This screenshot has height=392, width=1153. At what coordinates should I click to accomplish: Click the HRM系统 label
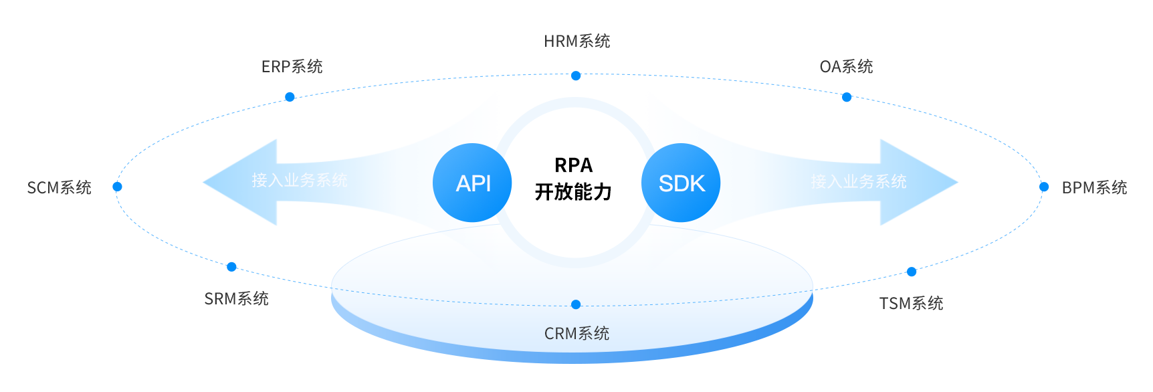pyautogui.click(x=576, y=41)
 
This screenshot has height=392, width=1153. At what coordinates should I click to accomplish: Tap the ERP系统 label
pyautogui.click(x=292, y=66)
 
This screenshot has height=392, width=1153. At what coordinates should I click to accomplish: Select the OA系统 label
pyautogui.click(x=846, y=66)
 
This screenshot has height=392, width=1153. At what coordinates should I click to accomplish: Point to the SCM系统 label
pyautogui.click(x=59, y=187)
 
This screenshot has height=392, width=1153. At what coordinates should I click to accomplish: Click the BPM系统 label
pyautogui.click(x=1094, y=187)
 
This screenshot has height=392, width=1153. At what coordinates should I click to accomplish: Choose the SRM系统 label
pyautogui.click(x=236, y=298)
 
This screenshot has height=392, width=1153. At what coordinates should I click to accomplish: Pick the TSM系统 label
pyautogui.click(x=911, y=303)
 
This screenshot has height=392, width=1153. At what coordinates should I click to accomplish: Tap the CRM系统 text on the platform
pyautogui.click(x=576, y=333)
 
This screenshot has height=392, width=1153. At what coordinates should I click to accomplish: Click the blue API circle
pyautogui.click(x=473, y=183)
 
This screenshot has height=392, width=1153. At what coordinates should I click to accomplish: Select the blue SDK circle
pyautogui.click(x=681, y=183)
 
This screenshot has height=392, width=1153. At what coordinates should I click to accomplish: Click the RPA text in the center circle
pyautogui.click(x=574, y=165)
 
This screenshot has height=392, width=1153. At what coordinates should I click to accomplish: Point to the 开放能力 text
pyautogui.click(x=573, y=192)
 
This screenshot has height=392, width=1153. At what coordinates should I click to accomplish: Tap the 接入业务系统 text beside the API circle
pyautogui.click(x=300, y=181)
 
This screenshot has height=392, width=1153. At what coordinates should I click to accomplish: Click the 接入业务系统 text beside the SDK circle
pyautogui.click(x=859, y=181)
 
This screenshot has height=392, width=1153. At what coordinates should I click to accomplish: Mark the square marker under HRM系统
pyautogui.click(x=576, y=76)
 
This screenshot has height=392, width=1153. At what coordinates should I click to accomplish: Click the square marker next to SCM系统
pyautogui.click(x=118, y=187)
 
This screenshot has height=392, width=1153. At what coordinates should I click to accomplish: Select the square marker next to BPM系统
pyautogui.click(x=1044, y=187)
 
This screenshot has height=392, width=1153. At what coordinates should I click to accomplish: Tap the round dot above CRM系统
pyautogui.click(x=576, y=304)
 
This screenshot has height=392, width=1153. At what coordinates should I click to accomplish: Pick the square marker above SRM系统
pyautogui.click(x=232, y=267)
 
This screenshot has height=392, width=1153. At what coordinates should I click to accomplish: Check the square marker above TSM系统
pyautogui.click(x=912, y=272)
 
